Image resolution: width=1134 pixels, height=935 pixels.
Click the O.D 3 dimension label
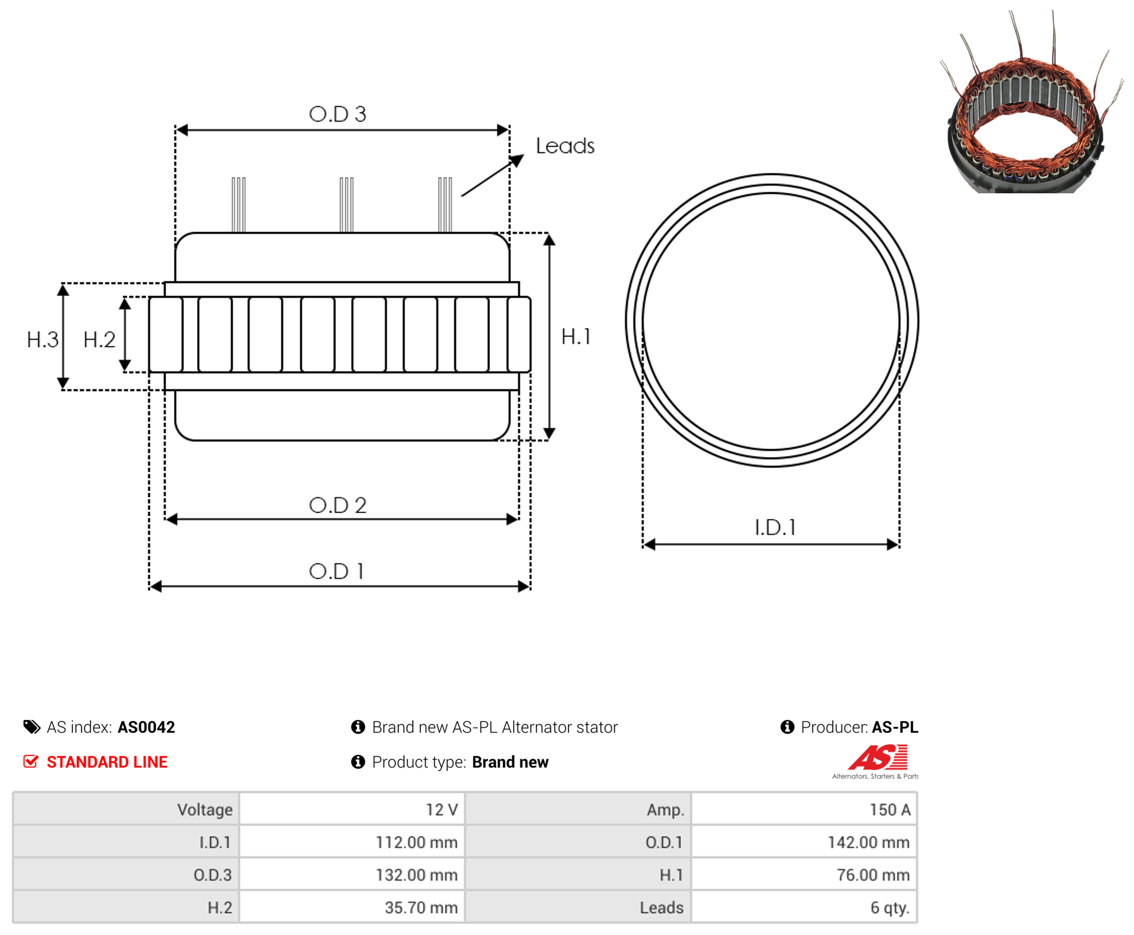pos(337,114)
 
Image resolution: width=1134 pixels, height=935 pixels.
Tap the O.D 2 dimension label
pos(337,505)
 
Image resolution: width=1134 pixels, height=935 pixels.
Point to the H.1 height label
pos(575,337)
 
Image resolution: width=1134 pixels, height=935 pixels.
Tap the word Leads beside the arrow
pos(565,145)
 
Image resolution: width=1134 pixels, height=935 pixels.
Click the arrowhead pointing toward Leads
pos(517,160)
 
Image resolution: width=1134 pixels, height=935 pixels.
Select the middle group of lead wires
pos(346,204)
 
